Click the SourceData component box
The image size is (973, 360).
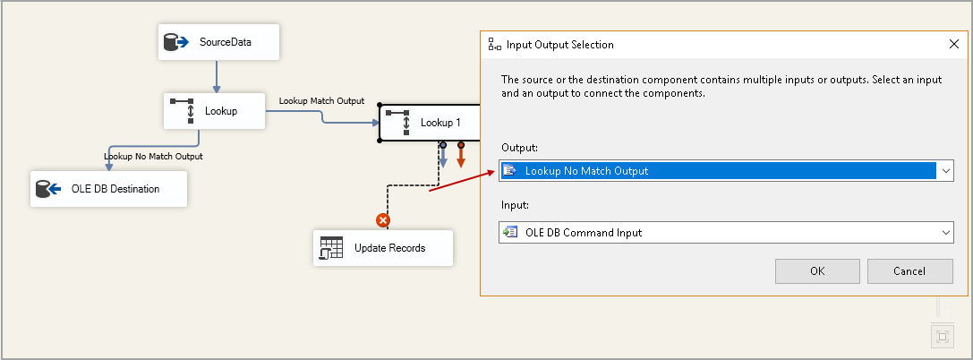(218, 42)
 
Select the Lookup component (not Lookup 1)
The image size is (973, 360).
(214, 111)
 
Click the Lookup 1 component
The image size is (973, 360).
(430, 122)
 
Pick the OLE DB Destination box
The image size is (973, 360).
(108, 189)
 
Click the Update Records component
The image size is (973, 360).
(382, 247)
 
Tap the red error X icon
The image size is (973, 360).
(383, 219)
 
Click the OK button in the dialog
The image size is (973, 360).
(816, 271)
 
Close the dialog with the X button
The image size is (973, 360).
(953, 44)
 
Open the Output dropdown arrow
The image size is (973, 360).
(945, 170)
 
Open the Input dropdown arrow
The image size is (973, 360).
(945, 233)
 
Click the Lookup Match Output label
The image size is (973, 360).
(321, 100)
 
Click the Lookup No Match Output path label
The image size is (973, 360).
(153, 156)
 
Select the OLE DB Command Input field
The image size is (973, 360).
(716, 233)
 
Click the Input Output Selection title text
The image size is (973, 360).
(559, 44)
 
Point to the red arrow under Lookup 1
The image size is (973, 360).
(461, 158)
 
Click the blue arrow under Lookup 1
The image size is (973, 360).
(443, 158)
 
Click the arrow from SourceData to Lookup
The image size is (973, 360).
(217, 76)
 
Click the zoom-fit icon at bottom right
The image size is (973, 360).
(941, 337)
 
